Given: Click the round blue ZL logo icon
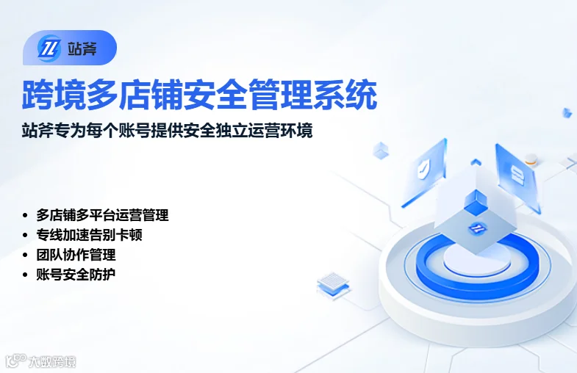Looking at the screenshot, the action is coord(49,48).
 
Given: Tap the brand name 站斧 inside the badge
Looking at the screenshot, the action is coord(82,48).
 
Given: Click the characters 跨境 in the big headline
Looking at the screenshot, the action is coord(54,95).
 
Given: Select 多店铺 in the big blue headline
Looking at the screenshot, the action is coord(135,95).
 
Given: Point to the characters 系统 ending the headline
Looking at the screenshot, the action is coord(345,95).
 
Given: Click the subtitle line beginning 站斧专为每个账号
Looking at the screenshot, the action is coord(168,131).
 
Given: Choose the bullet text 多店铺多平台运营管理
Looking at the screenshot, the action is coord(102,215).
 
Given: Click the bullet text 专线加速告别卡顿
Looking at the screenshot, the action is coord(89,235).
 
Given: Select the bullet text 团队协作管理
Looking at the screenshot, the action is coord(76,255).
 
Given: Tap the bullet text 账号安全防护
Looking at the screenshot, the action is coord(76,275).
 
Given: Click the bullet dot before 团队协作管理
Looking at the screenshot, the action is coord(25,255).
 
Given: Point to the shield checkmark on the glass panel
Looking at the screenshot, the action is coord(423,170).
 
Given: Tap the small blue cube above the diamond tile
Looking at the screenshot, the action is coord(476,202).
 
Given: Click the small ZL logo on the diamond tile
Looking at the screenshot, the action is coord(477,229).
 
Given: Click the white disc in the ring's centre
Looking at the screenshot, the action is coord(477,260).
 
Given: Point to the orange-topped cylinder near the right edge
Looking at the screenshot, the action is coord(531,160).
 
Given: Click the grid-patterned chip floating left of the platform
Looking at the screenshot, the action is coord(333,283).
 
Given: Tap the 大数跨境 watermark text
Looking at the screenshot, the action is coord(52,362).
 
